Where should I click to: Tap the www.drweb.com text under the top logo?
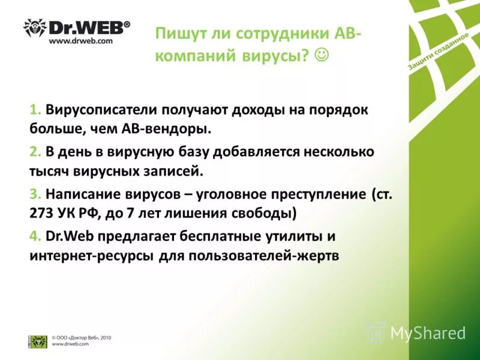[80, 41]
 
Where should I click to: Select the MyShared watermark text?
[428, 333]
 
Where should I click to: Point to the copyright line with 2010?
[81, 338]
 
